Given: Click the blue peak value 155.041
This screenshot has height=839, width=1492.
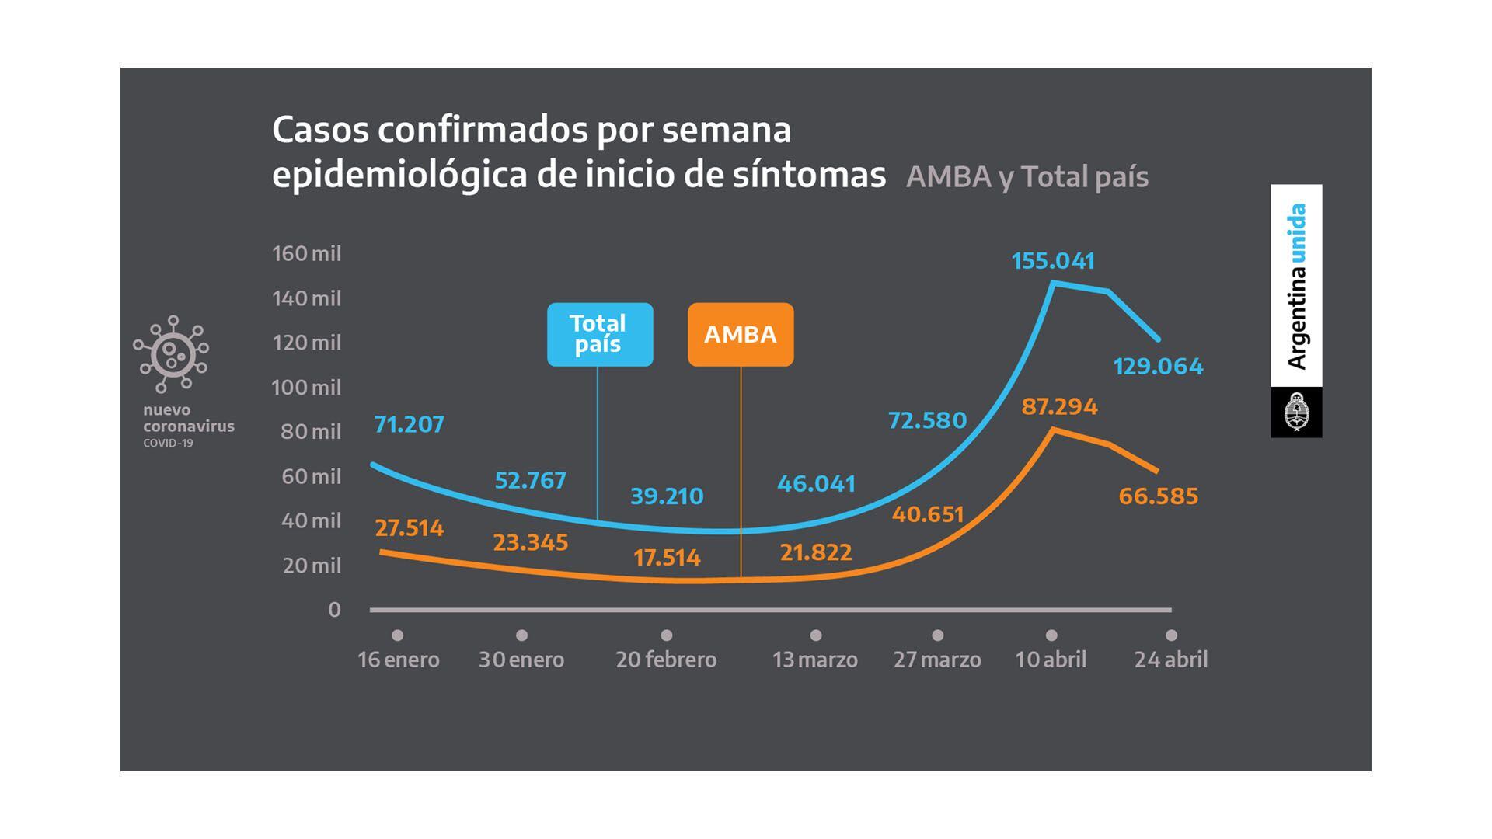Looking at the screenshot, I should (x=1053, y=261).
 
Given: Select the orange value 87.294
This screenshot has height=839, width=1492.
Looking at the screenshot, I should (x=1059, y=406).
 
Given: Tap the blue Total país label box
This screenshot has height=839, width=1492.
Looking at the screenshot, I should (x=600, y=334).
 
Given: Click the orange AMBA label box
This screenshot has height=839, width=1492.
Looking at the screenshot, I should (x=741, y=334).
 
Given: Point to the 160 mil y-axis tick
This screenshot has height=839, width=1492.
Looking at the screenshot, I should (x=306, y=254).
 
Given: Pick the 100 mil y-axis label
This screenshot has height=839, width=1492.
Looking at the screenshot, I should (x=306, y=387).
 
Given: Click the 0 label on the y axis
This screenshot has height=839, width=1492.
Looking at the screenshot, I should (x=334, y=610).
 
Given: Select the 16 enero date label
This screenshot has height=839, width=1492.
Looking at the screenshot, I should (x=398, y=660).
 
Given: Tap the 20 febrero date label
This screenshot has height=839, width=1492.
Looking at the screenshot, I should (x=666, y=660).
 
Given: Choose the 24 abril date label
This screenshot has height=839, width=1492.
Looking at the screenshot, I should (x=1170, y=660).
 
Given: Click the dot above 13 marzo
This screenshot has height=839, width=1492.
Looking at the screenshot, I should (x=815, y=635).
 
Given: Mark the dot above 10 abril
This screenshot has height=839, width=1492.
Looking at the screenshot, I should (x=1051, y=635).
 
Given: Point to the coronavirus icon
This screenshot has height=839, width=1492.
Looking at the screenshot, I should (x=171, y=354).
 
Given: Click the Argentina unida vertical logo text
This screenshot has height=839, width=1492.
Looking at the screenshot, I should (x=1296, y=286).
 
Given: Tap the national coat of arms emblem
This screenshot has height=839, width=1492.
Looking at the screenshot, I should (x=1296, y=413).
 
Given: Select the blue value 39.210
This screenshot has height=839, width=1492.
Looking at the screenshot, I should (x=667, y=496).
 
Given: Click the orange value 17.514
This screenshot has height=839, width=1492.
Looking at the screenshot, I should (x=667, y=558).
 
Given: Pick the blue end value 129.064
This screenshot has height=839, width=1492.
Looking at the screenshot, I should (x=1158, y=366).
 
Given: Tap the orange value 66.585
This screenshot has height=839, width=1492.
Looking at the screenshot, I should (x=1158, y=496).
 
